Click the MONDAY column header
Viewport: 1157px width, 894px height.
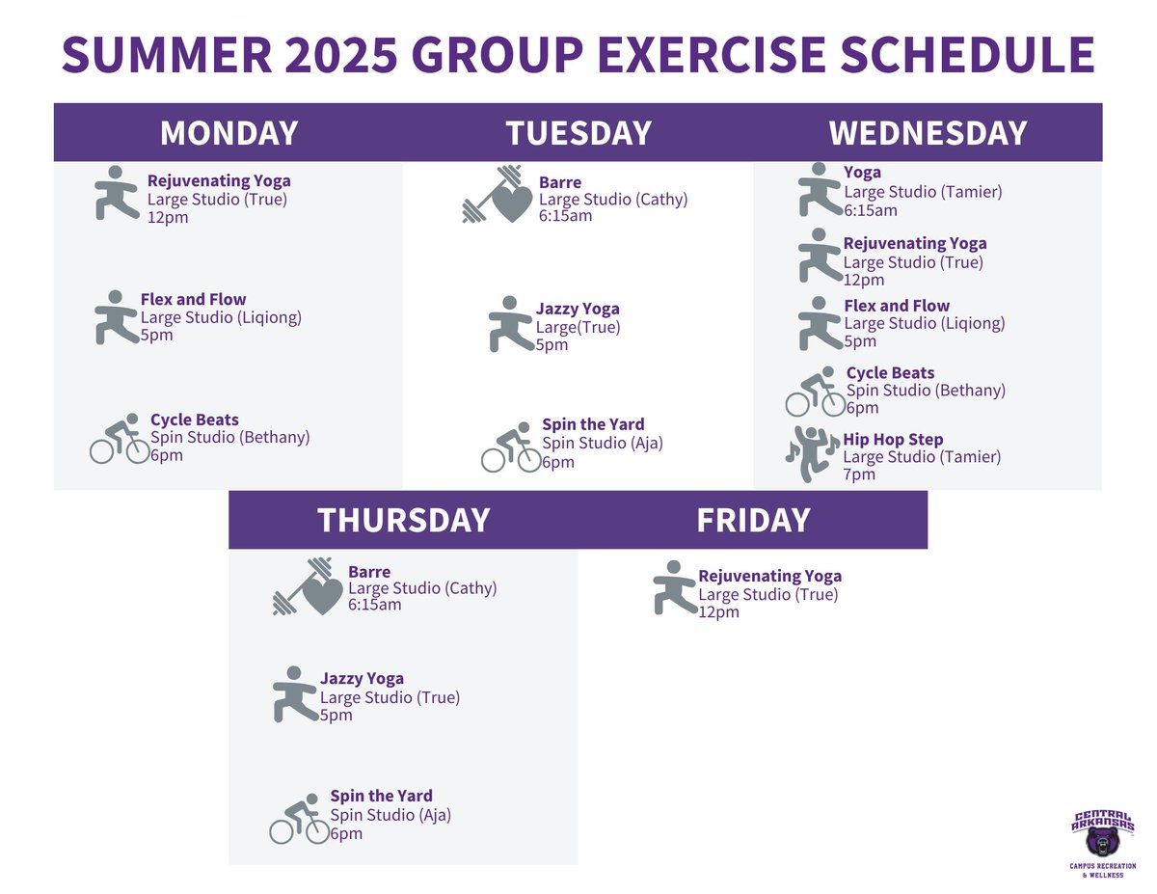(x=229, y=133)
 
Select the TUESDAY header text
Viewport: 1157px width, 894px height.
(x=578, y=133)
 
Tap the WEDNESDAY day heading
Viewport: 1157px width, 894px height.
(x=928, y=133)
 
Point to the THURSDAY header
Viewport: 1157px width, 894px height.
(x=403, y=521)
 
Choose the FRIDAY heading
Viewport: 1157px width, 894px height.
(x=753, y=521)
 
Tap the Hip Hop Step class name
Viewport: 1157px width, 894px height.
(x=893, y=440)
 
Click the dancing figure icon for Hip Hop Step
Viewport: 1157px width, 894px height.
(x=812, y=453)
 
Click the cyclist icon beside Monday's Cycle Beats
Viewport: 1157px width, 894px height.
(x=120, y=439)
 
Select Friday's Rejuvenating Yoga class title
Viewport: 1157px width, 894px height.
(x=769, y=577)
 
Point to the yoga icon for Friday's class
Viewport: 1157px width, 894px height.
(x=673, y=586)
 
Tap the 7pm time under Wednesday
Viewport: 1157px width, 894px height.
(x=859, y=474)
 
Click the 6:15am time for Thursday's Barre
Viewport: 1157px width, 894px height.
(x=374, y=606)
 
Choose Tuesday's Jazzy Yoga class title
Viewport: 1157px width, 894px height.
(x=578, y=310)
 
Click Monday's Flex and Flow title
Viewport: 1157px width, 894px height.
(x=193, y=300)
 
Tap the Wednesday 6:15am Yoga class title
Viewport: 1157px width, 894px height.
(x=862, y=173)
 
